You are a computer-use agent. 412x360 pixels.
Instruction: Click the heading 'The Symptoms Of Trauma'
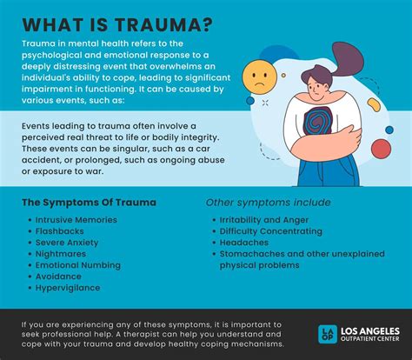point(90,202)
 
